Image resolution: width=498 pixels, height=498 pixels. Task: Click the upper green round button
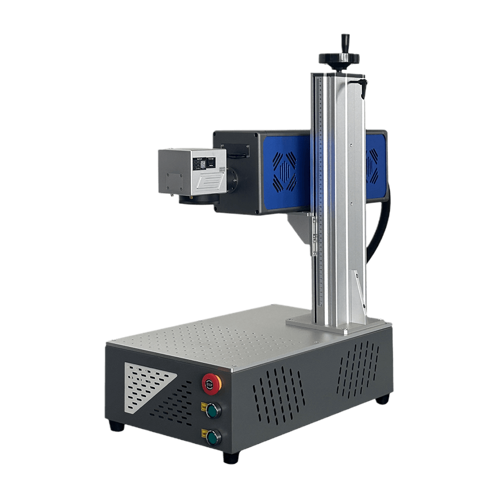(x=214, y=410)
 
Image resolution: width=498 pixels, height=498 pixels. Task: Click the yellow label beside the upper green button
(x=203, y=406)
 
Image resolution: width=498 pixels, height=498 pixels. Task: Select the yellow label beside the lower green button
(x=203, y=433)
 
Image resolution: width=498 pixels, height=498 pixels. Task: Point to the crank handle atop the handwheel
(x=344, y=42)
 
